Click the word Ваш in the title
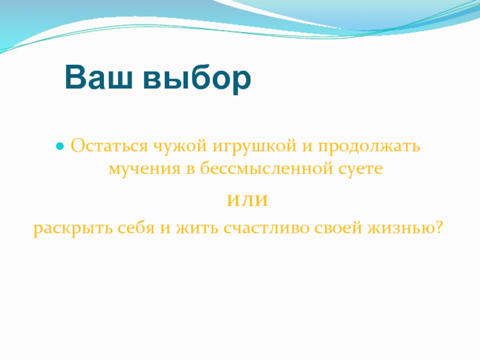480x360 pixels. tap(98, 77)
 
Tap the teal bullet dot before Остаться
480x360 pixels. tap(60, 146)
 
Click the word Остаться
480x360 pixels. tap(110, 145)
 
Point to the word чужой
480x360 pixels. tap(180, 147)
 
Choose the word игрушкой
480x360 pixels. tap(254, 147)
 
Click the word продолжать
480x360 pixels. tap(368, 147)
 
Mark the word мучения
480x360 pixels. tap(145, 169)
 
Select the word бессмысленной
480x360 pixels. tap(266, 168)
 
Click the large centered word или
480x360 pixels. tap(247, 200)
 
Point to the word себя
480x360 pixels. tap(136, 228)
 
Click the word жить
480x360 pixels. tap(197, 229)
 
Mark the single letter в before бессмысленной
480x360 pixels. tap(190, 170)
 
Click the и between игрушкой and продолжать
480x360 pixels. tap(307, 147)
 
